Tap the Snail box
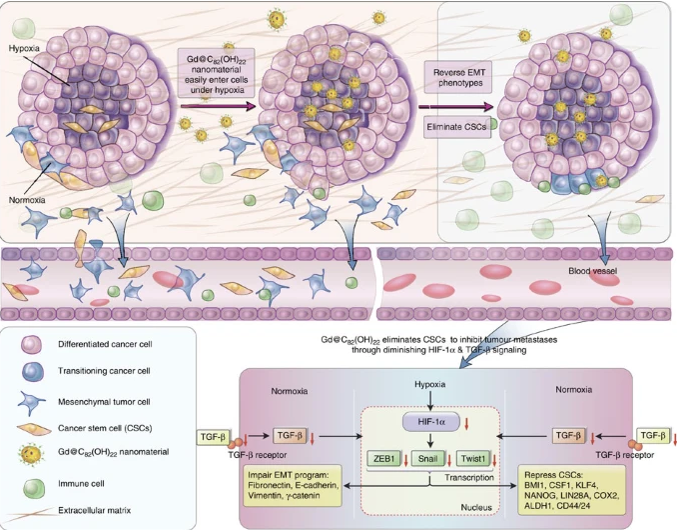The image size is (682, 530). click(424, 459)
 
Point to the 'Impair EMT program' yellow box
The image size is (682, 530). click(296, 491)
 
